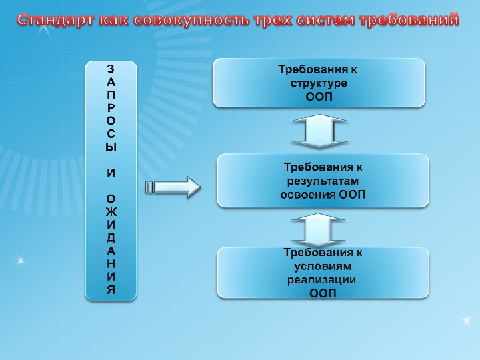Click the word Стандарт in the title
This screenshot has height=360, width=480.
click(x=55, y=20)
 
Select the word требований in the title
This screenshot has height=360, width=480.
click(x=408, y=20)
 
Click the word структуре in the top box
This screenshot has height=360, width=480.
click(x=319, y=83)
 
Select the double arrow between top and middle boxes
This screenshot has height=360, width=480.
click(x=319, y=131)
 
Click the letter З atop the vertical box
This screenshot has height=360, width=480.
click(x=111, y=69)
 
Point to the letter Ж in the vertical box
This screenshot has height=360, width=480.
click(x=111, y=211)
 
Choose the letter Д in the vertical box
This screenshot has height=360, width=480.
click(x=111, y=237)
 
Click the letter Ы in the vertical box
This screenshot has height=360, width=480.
click(x=111, y=147)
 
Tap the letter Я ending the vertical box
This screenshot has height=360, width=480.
click(x=111, y=289)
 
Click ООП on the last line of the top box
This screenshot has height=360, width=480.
click(x=319, y=97)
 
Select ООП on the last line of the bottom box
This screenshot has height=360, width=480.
click(x=323, y=293)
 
